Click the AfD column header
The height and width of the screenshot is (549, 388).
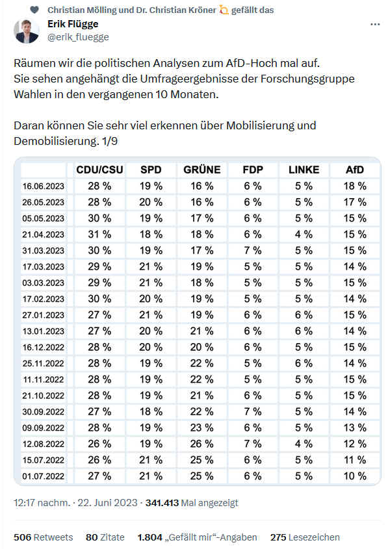coord(355,170)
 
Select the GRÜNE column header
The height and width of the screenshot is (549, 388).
coord(202,170)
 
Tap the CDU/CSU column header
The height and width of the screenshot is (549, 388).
coord(100,170)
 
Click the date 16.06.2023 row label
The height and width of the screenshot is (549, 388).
coord(44,186)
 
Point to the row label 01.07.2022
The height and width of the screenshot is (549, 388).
coord(44,476)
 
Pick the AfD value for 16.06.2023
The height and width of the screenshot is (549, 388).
coord(355,186)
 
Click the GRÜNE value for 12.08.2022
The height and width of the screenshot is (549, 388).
coord(202,444)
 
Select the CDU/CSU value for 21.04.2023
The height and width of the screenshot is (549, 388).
coord(100,235)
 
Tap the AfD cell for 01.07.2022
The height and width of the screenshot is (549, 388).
coord(355,476)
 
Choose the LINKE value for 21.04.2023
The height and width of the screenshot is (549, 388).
coord(304,235)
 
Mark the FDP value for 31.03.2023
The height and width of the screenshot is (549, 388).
coord(253,250)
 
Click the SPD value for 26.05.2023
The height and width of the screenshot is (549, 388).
coord(151,202)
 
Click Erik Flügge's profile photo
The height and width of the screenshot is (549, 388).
coord(27,31)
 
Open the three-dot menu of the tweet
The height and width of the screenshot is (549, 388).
coord(375,25)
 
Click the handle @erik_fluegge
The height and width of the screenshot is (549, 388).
coord(78,37)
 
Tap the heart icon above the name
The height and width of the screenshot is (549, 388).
coord(34,10)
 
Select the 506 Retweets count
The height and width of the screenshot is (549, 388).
coord(44,537)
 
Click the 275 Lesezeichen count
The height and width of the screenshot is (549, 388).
coord(305,537)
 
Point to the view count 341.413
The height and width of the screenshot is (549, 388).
coord(162,503)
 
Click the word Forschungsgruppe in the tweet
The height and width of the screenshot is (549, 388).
coord(307,79)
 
